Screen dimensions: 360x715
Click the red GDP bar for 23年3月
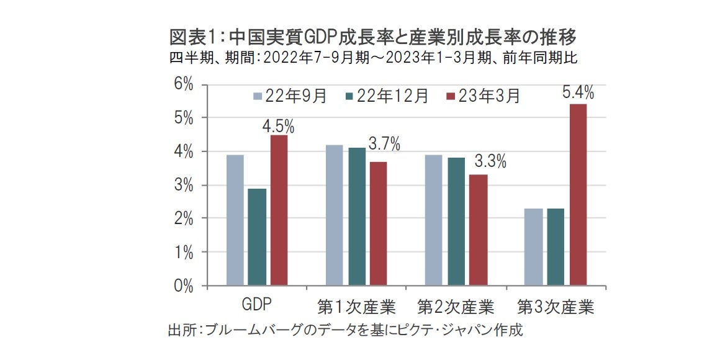pyautogui.click(x=279, y=210)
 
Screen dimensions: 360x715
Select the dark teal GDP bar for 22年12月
pyautogui.click(x=257, y=237)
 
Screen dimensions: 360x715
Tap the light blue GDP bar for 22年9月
pyautogui.click(x=235, y=220)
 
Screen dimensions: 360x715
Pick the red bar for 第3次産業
pyautogui.click(x=577, y=195)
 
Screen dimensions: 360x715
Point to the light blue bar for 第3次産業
pyautogui.click(x=533, y=247)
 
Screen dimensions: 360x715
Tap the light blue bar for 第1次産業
pyautogui.click(x=335, y=215)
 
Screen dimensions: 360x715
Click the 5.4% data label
pyautogui.click(x=578, y=94)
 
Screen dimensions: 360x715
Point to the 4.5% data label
pyautogui.click(x=278, y=127)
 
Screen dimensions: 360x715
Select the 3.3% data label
pyautogui.click(x=490, y=163)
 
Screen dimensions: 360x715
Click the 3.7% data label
pyautogui.click(x=384, y=145)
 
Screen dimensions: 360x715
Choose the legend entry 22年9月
pyautogui.click(x=289, y=96)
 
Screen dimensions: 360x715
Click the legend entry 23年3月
pyautogui.click(x=483, y=96)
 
